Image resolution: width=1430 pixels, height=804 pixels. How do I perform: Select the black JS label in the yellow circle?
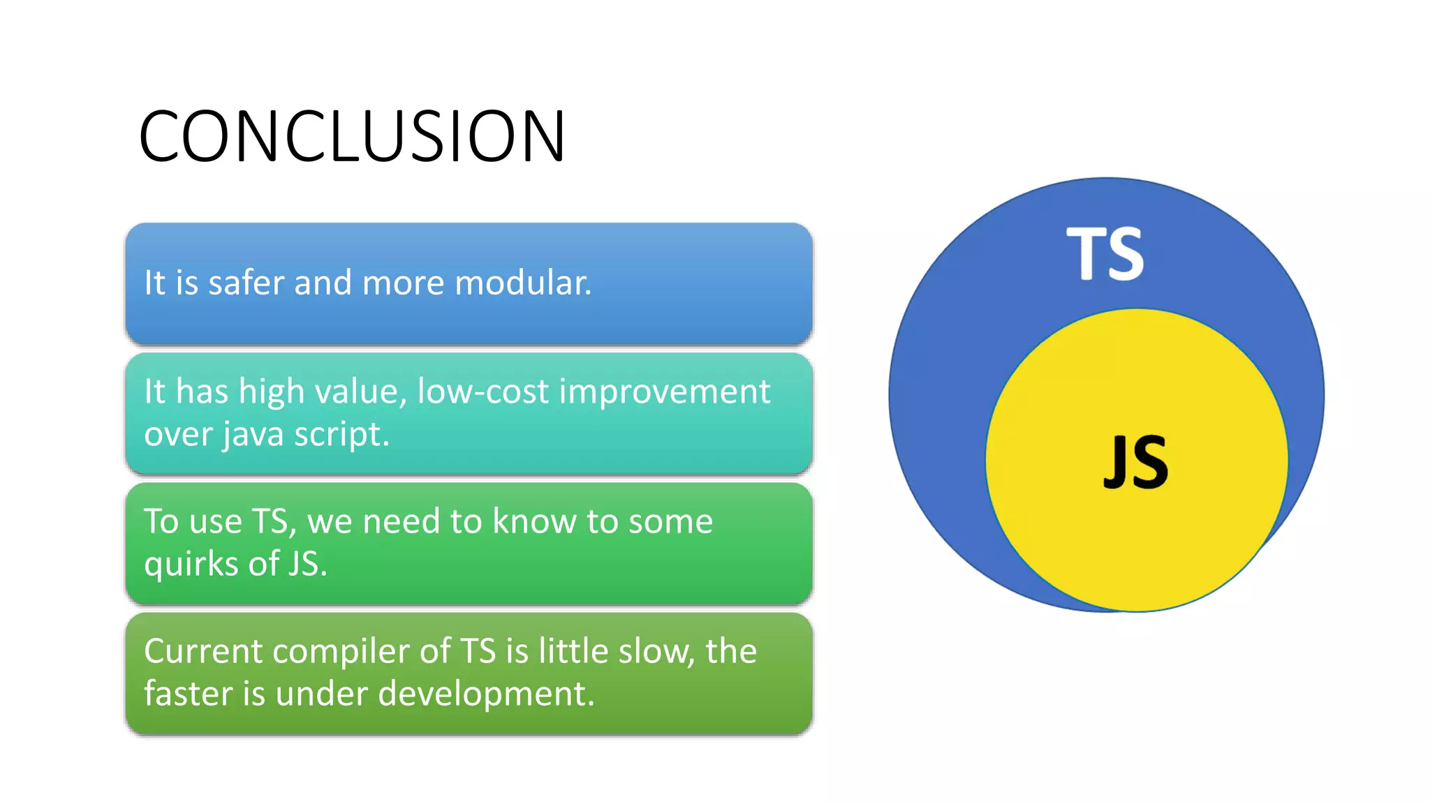(1135, 461)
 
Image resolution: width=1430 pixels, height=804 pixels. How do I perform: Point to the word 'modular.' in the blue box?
(523, 283)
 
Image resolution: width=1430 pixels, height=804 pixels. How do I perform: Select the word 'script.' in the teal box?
(341, 435)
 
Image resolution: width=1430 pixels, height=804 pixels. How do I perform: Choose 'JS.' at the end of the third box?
(307, 564)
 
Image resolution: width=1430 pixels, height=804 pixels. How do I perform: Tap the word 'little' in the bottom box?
(570, 651)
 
